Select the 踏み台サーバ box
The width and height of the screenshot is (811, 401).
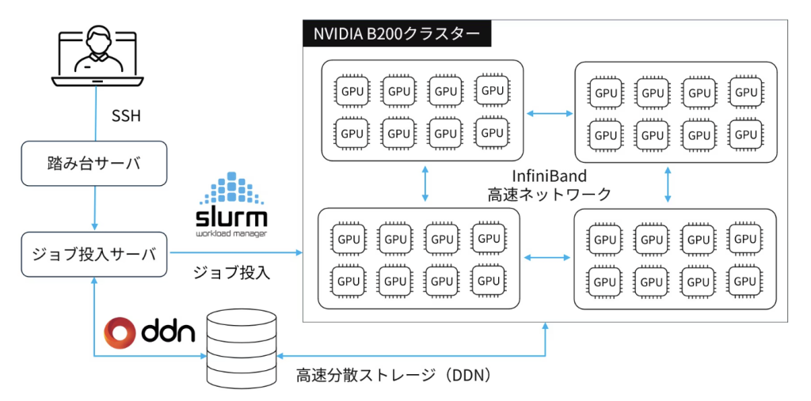point(94,164)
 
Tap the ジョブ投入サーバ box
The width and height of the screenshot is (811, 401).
point(94,254)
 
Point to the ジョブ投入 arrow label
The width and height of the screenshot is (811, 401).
point(232,274)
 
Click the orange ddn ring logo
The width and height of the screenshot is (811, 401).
point(122,333)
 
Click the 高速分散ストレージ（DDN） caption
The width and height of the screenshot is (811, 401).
point(394,374)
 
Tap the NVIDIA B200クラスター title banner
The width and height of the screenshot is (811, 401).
point(397,34)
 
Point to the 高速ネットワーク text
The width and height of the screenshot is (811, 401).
point(549,195)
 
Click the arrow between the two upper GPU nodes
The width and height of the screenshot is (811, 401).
point(550,114)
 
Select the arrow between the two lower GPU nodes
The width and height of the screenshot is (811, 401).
point(547,258)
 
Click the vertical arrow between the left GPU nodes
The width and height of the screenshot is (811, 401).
point(426,183)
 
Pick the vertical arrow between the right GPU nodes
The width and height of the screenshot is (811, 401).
point(670,183)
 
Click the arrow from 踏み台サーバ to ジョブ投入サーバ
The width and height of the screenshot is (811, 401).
point(94,209)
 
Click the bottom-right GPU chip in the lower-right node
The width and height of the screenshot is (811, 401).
point(744,281)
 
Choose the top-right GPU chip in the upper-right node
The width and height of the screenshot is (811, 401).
point(745,92)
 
